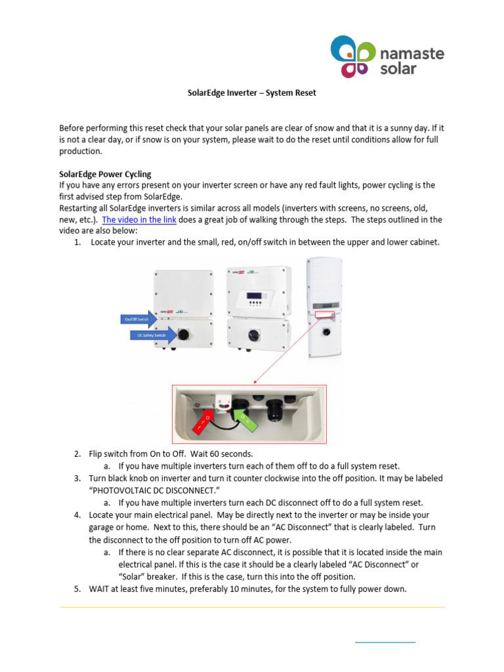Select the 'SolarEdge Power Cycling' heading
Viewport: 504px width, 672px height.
(105, 174)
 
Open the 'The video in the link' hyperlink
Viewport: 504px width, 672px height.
(139, 220)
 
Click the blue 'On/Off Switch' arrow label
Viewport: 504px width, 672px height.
(139, 319)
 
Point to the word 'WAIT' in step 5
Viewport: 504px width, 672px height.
(99, 589)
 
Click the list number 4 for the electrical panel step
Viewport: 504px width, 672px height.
(77, 515)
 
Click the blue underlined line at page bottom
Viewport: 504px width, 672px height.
(385, 641)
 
